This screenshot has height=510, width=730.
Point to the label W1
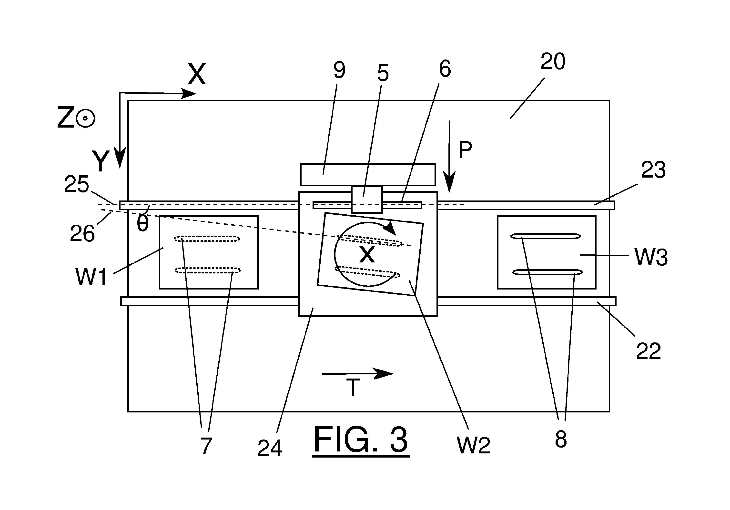tap(91, 276)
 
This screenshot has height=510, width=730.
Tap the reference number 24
tap(270, 448)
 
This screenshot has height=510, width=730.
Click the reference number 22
tap(649, 351)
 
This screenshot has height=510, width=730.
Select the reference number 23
tap(653, 170)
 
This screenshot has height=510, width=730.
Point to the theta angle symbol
tap(142, 224)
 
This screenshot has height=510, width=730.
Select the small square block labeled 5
tap(367, 199)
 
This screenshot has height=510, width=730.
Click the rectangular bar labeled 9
tap(368, 174)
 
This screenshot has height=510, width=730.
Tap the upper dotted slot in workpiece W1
tap(207, 239)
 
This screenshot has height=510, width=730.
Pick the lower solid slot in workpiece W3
tap(547, 272)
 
